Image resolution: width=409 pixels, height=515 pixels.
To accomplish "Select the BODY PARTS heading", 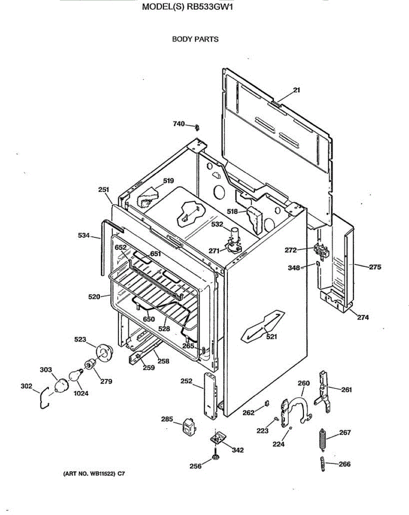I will (x=195, y=39).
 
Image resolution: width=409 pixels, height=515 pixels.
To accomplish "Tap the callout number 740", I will (x=179, y=124).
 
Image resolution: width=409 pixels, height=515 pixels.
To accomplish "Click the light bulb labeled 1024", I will (x=75, y=376).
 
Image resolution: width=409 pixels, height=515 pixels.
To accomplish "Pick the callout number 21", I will (x=297, y=90).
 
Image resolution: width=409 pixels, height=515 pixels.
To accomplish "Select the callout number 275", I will (x=375, y=267).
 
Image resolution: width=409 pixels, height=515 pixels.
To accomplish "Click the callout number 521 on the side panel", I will (x=271, y=337).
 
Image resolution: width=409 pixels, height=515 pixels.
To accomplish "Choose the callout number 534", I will (x=84, y=235).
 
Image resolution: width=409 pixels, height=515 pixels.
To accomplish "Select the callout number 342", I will (x=238, y=450).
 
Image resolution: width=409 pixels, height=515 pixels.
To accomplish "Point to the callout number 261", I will (x=347, y=390).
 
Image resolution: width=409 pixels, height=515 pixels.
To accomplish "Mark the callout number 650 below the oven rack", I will (x=149, y=319).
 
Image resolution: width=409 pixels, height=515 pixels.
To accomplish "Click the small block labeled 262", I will (x=266, y=403).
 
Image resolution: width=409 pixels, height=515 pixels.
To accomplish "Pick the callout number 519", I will (x=169, y=181).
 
